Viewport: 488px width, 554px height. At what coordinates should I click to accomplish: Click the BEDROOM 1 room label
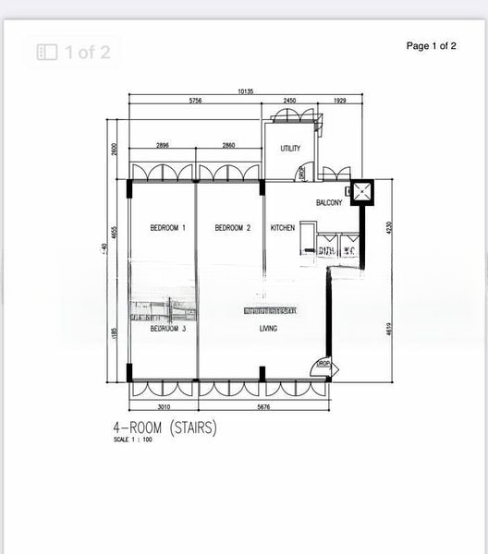168,228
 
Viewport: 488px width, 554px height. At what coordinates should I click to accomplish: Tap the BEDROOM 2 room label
233,228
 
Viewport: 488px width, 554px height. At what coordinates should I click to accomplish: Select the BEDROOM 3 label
168,329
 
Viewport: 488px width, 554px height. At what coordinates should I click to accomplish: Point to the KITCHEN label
283,228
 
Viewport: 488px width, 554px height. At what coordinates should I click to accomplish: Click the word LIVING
269,329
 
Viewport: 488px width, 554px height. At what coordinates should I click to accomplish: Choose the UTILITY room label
290,149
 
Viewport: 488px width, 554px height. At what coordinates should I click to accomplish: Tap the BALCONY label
330,203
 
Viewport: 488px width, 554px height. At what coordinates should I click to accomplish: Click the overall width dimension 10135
246,91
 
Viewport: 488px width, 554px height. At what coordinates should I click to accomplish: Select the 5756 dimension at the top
196,101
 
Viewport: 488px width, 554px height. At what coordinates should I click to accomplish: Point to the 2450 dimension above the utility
289,101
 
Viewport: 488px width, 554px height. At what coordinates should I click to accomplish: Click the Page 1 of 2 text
432,46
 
